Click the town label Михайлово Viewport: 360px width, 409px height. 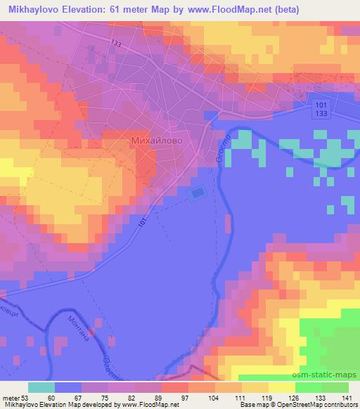(157, 141)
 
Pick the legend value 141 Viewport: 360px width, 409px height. (347, 398)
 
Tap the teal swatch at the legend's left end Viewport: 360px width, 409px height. (42, 387)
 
